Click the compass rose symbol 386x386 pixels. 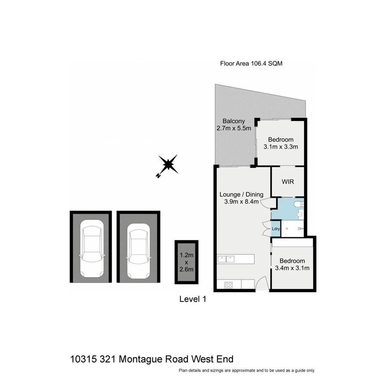169,165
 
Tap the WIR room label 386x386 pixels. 287,182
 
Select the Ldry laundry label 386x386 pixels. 276,229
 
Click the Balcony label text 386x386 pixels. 234,121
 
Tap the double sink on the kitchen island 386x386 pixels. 226,259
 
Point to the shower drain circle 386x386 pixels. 286,229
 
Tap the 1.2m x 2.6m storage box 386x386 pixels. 186,262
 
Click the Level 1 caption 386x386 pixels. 193,300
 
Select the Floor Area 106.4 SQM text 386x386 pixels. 251,63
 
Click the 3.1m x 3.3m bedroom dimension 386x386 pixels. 280,147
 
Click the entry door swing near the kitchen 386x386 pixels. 262,284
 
